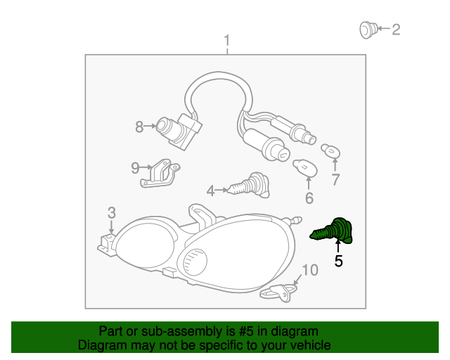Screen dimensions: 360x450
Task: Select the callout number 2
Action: (x=396, y=29)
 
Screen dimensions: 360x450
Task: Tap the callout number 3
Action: (x=111, y=212)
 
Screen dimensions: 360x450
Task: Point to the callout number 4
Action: (x=210, y=190)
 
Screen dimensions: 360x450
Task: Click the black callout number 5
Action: (x=339, y=262)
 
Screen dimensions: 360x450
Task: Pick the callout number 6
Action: (x=309, y=198)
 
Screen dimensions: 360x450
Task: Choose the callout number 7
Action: (x=335, y=179)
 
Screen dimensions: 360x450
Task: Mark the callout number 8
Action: (x=139, y=127)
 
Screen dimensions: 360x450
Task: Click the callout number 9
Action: (x=136, y=167)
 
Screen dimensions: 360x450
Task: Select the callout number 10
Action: (x=309, y=269)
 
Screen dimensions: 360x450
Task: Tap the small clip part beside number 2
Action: (x=366, y=30)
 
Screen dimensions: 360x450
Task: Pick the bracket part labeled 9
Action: (x=161, y=174)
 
